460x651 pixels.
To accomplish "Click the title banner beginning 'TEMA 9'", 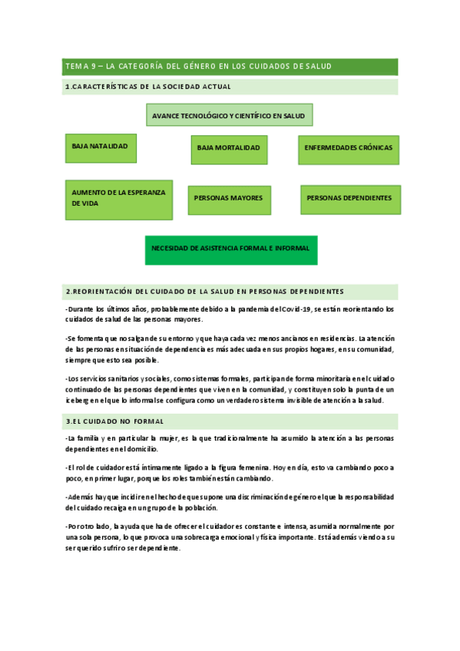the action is (x=230, y=67).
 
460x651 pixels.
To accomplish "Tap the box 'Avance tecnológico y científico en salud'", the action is (x=229, y=115).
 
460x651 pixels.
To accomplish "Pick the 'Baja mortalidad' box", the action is (x=229, y=149).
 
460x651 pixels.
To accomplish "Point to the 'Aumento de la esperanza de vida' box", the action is (x=118, y=199).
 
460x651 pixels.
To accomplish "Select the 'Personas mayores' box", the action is (x=228, y=199).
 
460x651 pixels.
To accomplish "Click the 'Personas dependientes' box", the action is (x=349, y=199).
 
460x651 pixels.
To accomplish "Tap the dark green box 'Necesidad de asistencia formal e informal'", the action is (x=231, y=249).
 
